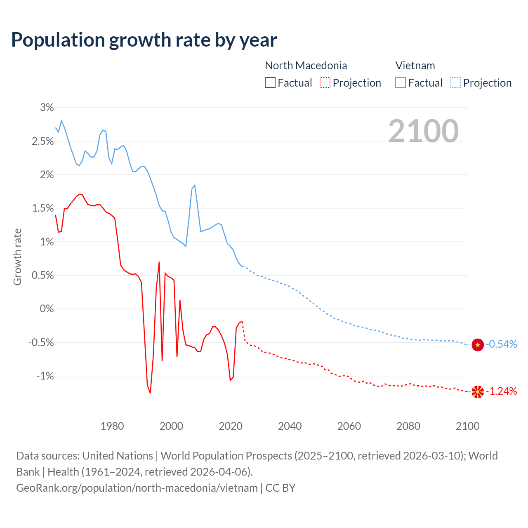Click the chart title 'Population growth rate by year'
click(144, 40)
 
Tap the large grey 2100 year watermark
click(423, 131)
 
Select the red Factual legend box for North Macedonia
click(270, 82)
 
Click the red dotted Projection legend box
click(325, 82)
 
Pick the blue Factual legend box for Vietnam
click(401, 82)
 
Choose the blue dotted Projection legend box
click(456, 82)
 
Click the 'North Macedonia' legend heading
click(306, 66)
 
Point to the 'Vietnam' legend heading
click(415, 66)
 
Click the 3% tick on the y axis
click(47, 108)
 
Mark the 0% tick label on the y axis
click(47, 309)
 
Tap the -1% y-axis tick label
click(45, 376)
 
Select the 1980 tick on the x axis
click(112, 426)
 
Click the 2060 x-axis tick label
click(349, 426)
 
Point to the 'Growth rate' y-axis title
click(17, 257)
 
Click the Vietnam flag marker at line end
click(478, 344)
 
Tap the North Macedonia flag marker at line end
click(478, 391)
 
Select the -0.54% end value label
click(501, 344)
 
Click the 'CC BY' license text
click(280, 488)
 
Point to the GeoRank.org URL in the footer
click(137, 488)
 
